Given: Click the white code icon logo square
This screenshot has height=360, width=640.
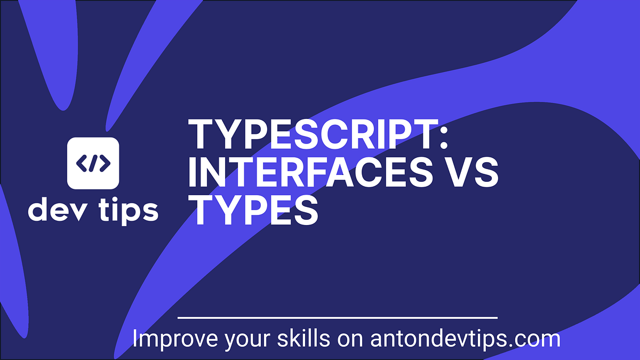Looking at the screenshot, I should [x=93, y=163].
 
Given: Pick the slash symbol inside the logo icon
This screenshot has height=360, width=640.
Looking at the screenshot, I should [x=93, y=163].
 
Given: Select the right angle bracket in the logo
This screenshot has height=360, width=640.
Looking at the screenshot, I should [x=105, y=163].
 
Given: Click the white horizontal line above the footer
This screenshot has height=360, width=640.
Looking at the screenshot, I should [x=337, y=318].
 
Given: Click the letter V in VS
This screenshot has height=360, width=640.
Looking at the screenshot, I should [x=457, y=172].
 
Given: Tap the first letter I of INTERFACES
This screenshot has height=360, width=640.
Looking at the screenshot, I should [x=193, y=172].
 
